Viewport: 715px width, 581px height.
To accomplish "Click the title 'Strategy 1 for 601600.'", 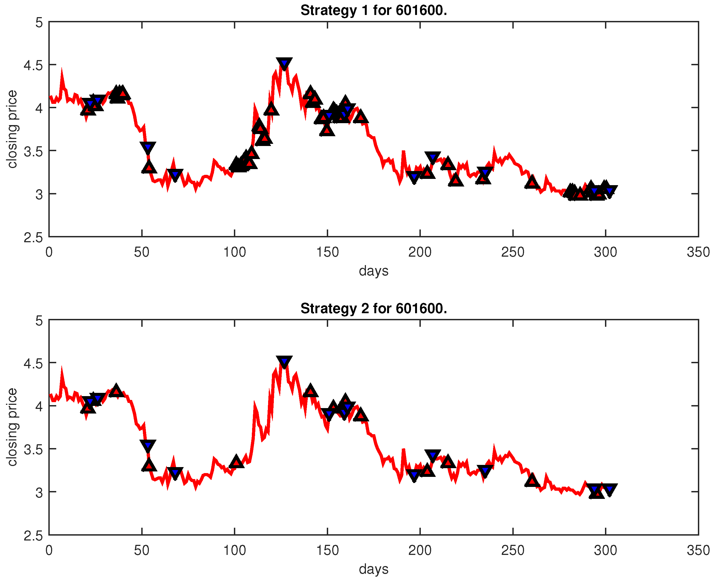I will tap(374, 11).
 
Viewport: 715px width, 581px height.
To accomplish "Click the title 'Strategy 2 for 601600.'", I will tap(374, 309).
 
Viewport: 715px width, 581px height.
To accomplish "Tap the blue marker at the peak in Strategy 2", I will tap(284, 361).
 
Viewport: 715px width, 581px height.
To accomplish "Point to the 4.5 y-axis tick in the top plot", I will tap(33, 65).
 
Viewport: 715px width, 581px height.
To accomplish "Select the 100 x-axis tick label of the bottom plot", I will tap(234, 551).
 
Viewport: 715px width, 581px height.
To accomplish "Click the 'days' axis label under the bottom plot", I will tap(374, 569).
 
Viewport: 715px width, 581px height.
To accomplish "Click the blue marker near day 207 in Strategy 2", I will tap(433, 455).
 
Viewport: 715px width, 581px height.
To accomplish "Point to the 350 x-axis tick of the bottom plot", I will tap(698, 551).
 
